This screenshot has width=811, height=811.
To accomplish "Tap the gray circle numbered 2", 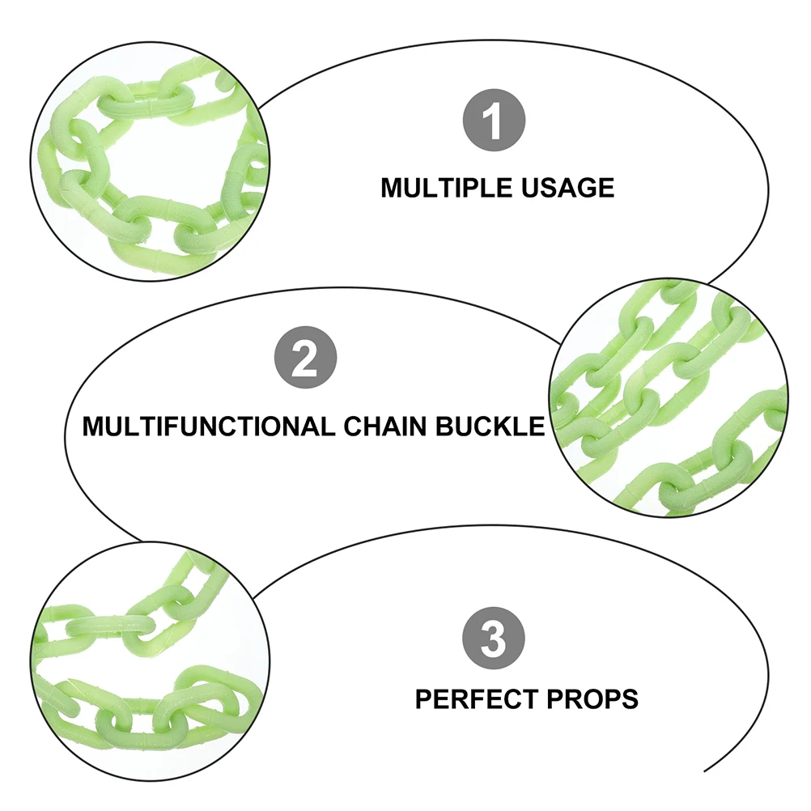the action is [304, 359].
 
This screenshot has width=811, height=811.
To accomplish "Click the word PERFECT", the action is [473, 698].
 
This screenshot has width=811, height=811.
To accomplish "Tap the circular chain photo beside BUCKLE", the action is [668, 399].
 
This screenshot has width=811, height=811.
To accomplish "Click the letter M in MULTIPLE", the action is [391, 188].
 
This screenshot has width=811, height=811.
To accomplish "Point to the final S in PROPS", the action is [631, 698].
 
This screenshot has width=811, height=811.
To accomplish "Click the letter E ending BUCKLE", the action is [537, 426].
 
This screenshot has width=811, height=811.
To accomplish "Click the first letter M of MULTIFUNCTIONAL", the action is [93, 426].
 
